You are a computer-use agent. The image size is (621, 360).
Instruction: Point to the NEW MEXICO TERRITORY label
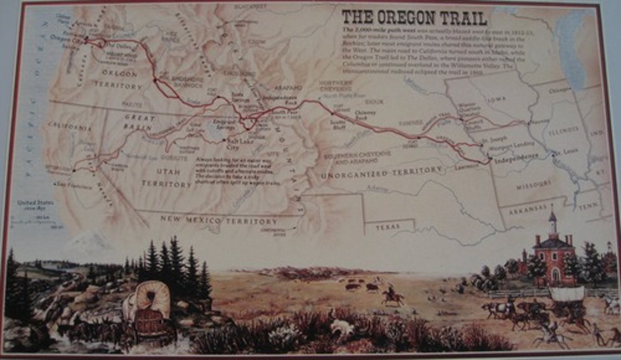[x=219, y=221]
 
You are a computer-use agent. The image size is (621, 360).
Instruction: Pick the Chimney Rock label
[x=365, y=115]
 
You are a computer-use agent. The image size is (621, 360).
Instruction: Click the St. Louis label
[x=565, y=152]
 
